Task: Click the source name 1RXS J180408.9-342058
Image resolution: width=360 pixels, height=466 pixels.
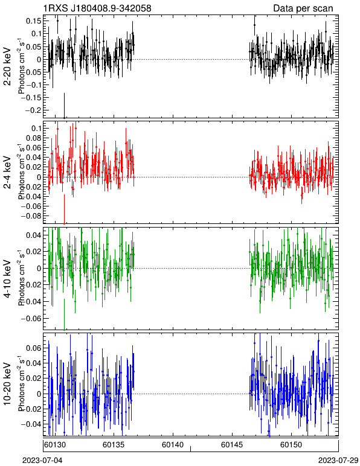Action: point(97,8)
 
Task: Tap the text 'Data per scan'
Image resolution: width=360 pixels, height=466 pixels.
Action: point(303,8)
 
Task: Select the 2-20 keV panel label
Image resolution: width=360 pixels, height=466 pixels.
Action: point(7,66)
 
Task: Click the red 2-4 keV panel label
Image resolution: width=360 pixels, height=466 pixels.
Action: point(7,173)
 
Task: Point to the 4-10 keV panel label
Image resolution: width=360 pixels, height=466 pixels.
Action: point(7,279)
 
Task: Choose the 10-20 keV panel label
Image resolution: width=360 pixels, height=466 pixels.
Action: point(7,384)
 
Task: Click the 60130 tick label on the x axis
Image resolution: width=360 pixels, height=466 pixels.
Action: point(54,445)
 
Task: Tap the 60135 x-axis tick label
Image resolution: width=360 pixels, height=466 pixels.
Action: point(113,445)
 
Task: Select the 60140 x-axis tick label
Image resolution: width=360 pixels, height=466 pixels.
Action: point(172,445)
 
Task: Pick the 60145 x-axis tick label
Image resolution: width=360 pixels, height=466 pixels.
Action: point(231,445)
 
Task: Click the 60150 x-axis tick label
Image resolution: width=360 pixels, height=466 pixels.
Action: point(291,445)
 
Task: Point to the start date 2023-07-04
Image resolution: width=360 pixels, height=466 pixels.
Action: point(42,461)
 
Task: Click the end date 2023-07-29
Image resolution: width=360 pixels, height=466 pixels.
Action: point(338,461)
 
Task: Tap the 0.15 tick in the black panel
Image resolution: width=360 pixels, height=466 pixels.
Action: point(34,21)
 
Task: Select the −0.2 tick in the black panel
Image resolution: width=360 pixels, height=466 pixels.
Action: point(32,110)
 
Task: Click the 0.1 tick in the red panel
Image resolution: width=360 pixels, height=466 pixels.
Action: point(36,128)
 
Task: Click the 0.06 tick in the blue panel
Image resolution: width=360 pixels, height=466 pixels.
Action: point(34,348)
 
